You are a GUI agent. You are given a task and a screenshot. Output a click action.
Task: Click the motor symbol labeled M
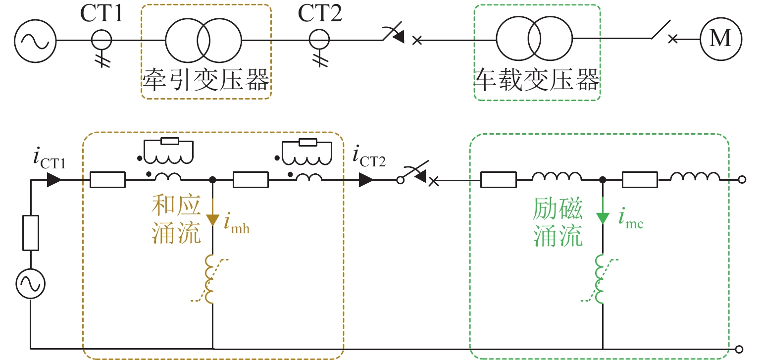click(720, 39)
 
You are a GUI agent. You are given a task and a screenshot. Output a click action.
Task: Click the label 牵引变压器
click(206, 80)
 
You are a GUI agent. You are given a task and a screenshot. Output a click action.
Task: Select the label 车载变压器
click(537, 80)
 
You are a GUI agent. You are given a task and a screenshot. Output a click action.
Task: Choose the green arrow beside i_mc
click(603, 218)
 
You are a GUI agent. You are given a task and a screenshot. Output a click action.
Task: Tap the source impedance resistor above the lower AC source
click(31, 233)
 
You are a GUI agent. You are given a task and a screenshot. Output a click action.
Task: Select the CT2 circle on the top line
click(319, 39)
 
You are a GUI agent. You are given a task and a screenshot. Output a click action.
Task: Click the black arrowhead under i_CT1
click(55, 180)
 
